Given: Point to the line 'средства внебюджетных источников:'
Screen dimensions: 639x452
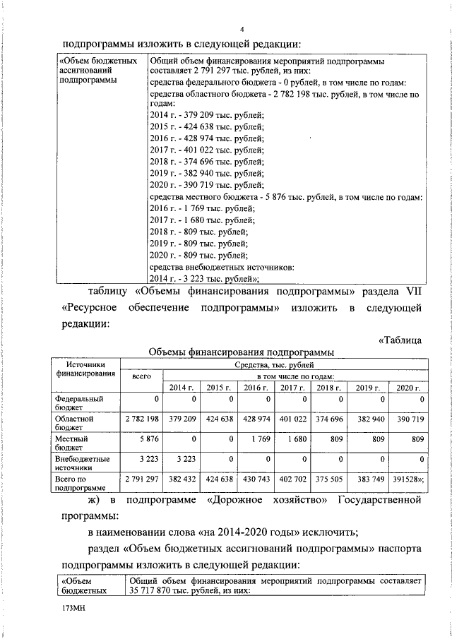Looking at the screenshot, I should [222, 268].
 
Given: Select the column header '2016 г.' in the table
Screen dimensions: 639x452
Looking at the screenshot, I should [255, 388].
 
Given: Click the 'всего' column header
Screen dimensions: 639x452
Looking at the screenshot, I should [142, 376].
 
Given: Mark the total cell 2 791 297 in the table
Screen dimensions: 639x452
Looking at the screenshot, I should [142, 479].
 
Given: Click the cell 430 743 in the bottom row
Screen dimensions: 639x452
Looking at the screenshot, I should [255, 479].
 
